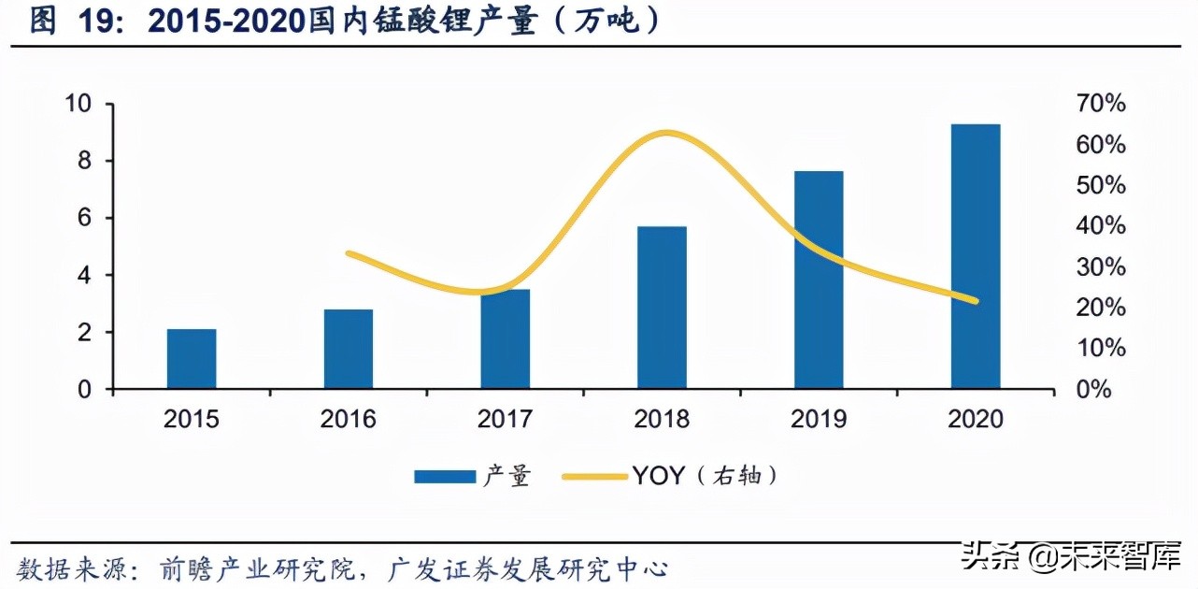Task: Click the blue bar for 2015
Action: coord(192,359)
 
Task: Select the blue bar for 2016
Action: coord(349,349)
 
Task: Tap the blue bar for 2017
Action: coord(506,338)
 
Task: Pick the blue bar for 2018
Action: coord(662,308)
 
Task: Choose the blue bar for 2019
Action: coord(819,280)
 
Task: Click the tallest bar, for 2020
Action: coord(976,256)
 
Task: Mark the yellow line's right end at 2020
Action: coord(976,301)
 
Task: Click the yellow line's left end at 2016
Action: coord(349,253)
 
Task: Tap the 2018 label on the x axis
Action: coord(662,419)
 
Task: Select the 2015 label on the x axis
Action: coord(192,419)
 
